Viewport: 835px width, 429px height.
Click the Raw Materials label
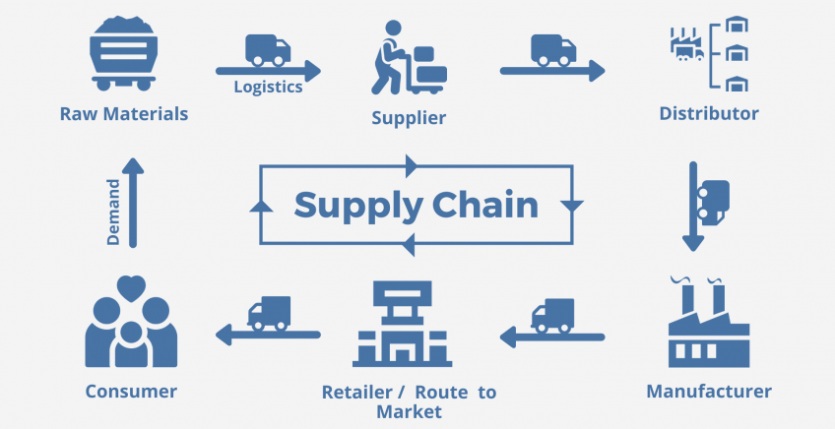point(123,114)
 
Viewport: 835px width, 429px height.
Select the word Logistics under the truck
point(268,87)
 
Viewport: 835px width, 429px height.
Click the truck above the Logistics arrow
point(268,50)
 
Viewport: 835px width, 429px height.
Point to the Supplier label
point(409,119)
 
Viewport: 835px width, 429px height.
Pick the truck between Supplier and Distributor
point(552,50)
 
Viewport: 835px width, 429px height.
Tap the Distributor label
point(709,114)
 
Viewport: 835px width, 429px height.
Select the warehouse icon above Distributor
point(709,55)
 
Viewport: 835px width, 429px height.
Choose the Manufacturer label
point(709,392)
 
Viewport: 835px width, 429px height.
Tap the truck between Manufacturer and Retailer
point(552,315)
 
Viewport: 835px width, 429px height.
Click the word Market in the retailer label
point(409,411)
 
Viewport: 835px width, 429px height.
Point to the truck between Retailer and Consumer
point(269,313)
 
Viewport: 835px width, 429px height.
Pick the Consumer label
point(131,392)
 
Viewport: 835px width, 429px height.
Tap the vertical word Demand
point(113,212)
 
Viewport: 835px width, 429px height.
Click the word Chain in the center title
point(482,206)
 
